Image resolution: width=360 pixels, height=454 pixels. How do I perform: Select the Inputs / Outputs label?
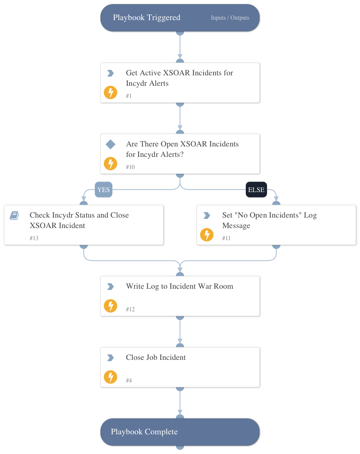click(230, 18)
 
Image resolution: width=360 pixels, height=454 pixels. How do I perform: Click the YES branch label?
click(103, 190)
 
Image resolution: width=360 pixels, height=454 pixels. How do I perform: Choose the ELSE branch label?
click(256, 190)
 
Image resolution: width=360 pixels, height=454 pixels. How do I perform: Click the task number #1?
click(129, 96)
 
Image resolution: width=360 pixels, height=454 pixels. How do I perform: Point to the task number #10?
click(130, 167)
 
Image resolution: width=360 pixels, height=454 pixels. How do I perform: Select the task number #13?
click(34, 238)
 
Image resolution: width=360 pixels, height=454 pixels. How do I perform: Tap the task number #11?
click(226, 238)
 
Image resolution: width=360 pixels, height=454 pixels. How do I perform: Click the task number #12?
click(130, 309)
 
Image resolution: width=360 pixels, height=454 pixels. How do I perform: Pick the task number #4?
click(129, 380)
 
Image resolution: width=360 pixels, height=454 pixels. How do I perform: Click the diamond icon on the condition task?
click(111, 144)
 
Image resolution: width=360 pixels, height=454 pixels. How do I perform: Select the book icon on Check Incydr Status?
click(14, 215)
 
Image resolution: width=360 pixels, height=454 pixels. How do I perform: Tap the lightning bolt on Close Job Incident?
click(111, 377)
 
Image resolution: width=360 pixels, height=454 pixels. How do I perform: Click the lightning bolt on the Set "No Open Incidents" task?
click(207, 235)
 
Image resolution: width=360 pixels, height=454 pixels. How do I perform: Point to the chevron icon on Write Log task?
click(111, 287)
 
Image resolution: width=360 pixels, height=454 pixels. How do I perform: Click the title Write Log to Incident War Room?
click(179, 287)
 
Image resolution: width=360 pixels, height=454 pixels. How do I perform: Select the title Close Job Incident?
click(156, 358)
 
